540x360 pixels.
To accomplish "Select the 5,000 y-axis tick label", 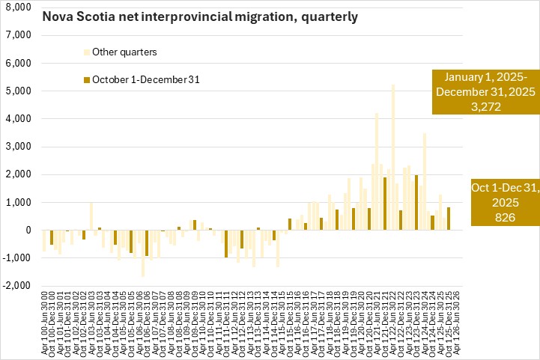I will [x=17, y=91].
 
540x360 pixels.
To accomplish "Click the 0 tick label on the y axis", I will [x=26, y=231].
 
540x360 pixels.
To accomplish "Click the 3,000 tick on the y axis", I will [x=17, y=147].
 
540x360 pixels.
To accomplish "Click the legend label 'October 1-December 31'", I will [x=145, y=79].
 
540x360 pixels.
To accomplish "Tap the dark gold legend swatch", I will [x=86, y=79].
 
